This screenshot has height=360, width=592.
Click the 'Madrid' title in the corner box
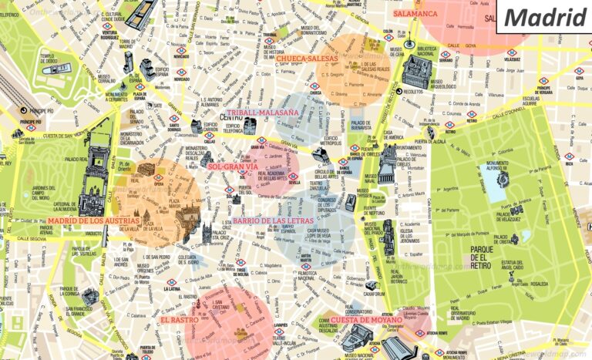(545, 18)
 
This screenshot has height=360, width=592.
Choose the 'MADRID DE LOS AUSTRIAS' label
(82, 220)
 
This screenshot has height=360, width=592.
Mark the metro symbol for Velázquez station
(510, 52)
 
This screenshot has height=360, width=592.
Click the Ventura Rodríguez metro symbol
(107, 26)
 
